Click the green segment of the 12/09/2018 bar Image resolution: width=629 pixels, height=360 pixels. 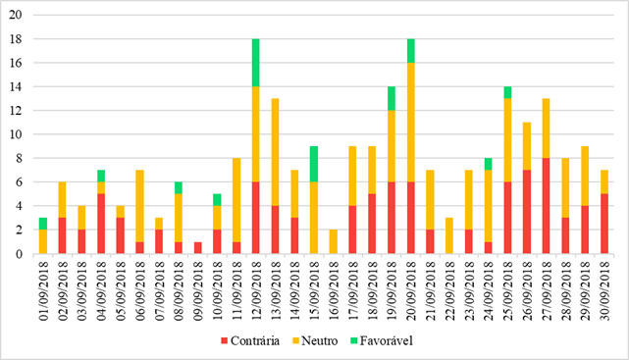pos(256,63)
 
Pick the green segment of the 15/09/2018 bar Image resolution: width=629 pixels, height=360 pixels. pos(314,164)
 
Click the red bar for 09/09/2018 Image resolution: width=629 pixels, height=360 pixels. pos(198,247)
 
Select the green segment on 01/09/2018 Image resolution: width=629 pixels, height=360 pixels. pos(43,224)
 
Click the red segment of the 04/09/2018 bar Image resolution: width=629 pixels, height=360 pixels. pos(101,224)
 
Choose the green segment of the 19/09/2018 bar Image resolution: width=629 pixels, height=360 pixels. pos(392,98)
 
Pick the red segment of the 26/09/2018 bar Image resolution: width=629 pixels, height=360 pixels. pos(527,212)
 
